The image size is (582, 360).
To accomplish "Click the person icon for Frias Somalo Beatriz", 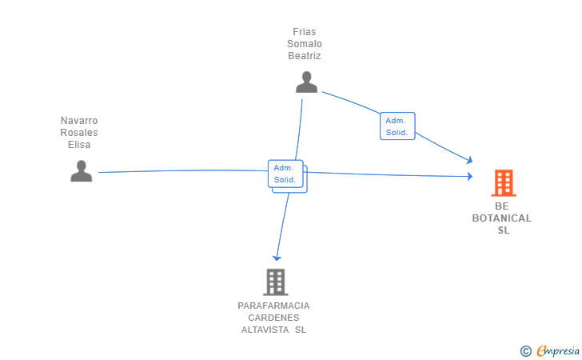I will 306,82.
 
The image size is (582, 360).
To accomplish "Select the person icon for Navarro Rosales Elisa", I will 81,171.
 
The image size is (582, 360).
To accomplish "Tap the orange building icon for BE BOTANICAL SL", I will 503,183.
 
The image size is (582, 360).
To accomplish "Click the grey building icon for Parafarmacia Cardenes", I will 275,282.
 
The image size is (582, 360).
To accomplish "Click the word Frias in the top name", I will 304,32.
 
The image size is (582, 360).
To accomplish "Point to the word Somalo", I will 304,44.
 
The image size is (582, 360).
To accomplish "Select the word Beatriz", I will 304,56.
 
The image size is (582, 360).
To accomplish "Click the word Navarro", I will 79,121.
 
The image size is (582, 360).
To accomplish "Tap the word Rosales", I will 79,133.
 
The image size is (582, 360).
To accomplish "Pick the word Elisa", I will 79,145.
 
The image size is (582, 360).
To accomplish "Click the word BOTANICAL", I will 501,218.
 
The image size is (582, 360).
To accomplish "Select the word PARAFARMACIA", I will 273,306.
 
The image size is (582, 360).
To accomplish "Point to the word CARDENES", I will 273,318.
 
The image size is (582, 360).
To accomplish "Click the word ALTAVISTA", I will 265,330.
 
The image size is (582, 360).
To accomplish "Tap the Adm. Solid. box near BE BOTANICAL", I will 397,126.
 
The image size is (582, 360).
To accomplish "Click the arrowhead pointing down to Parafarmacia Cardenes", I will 276,258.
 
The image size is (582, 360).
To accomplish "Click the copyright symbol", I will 525,350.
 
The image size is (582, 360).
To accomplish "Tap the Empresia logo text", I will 559,350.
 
